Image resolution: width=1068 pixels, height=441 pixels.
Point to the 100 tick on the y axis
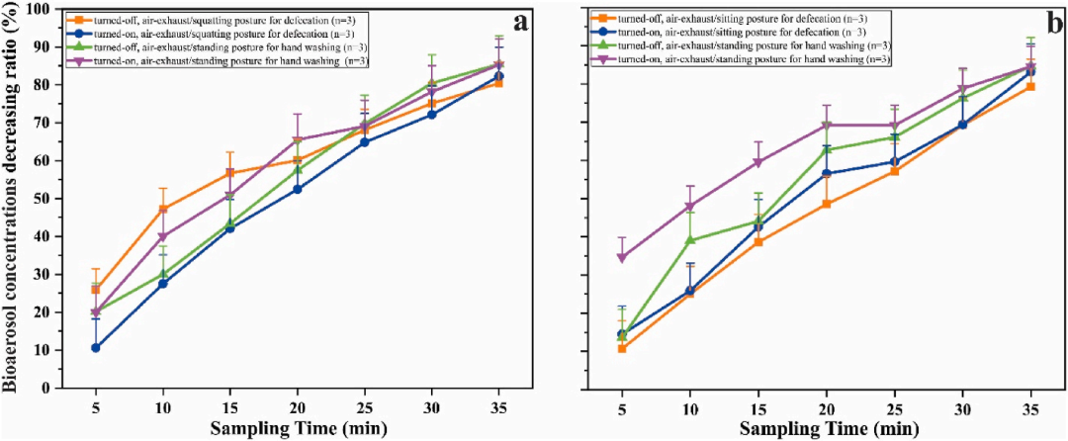pyautogui.click(x=45, y=9)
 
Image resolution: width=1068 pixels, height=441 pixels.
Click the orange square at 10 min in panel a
pyautogui.click(x=163, y=209)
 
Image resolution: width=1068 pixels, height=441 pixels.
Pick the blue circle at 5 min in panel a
pyautogui.click(x=96, y=348)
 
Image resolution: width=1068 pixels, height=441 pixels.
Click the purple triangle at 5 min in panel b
pyautogui.click(x=622, y=257)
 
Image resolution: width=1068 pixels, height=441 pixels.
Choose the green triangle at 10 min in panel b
pyautogui.click(x=689, y=240)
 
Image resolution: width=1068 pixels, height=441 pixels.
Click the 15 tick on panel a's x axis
pyautogui.click(x=230, y=405)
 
